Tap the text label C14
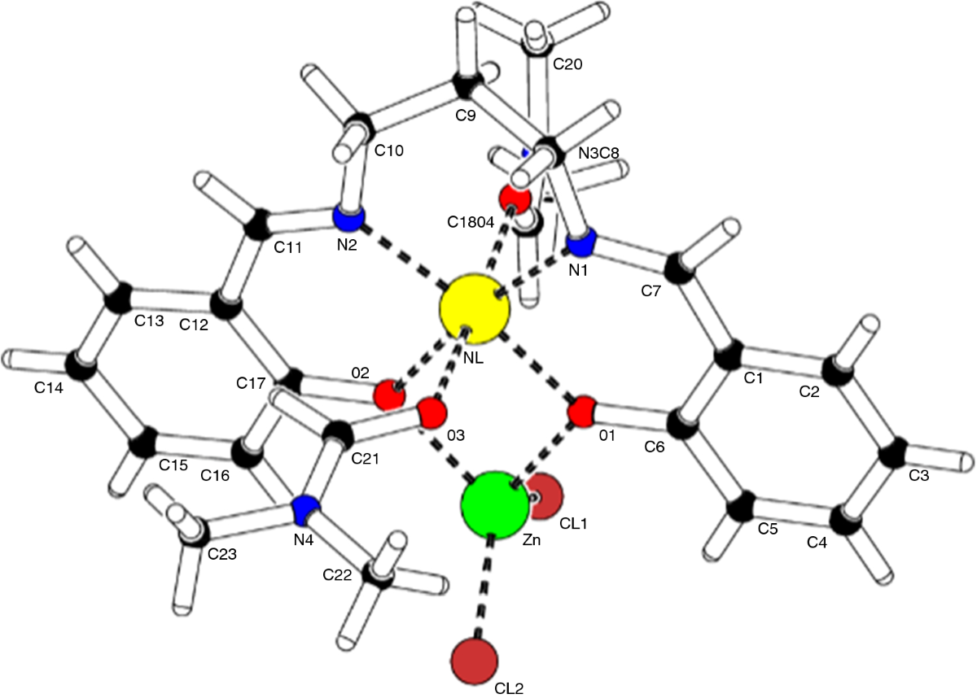tap(48, 388)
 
